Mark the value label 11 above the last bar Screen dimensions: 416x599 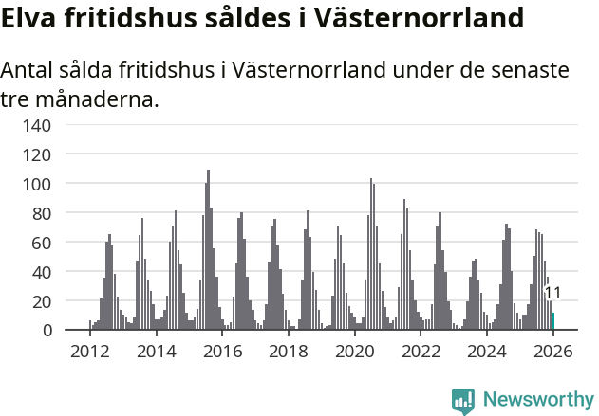tap(552, 293)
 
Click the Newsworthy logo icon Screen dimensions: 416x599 tap(463, 401)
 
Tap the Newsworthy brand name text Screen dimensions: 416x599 tap(538, 400)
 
